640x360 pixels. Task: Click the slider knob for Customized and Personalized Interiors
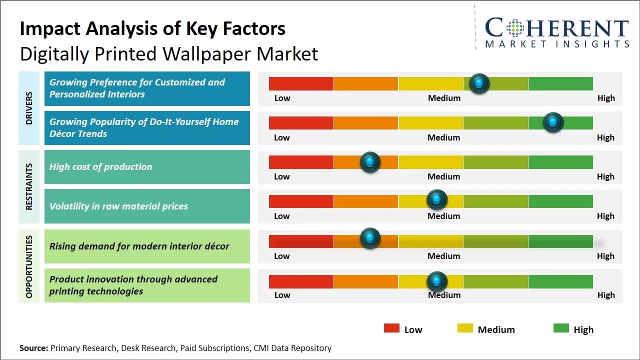coord(479,83)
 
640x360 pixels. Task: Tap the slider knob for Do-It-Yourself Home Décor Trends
coord(553,122)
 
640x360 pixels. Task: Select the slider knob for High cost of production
coord(370,162)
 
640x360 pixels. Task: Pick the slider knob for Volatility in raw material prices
coord(437,200)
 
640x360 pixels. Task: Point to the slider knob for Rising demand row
coord(370,238)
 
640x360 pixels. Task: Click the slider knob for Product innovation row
coord(437,282)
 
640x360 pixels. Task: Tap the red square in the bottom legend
coord(391,328)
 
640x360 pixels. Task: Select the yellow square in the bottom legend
coord(465,328)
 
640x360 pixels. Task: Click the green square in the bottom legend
coord(561,328)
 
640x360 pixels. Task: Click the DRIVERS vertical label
coord(29,108)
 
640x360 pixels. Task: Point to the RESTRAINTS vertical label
coord(29,186)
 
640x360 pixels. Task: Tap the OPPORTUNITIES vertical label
coord(29,266)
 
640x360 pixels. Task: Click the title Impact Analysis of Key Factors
coord(152,28)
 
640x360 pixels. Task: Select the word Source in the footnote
coord(33,348)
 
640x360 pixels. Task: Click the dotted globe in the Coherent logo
coord(515,27)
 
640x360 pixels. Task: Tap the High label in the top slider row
coord(606,98)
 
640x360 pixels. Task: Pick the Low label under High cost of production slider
coord(282,176)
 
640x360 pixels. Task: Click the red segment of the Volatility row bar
coord(301,201)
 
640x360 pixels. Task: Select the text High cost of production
coord(100,167)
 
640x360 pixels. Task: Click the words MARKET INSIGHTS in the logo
coord(557,44)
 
